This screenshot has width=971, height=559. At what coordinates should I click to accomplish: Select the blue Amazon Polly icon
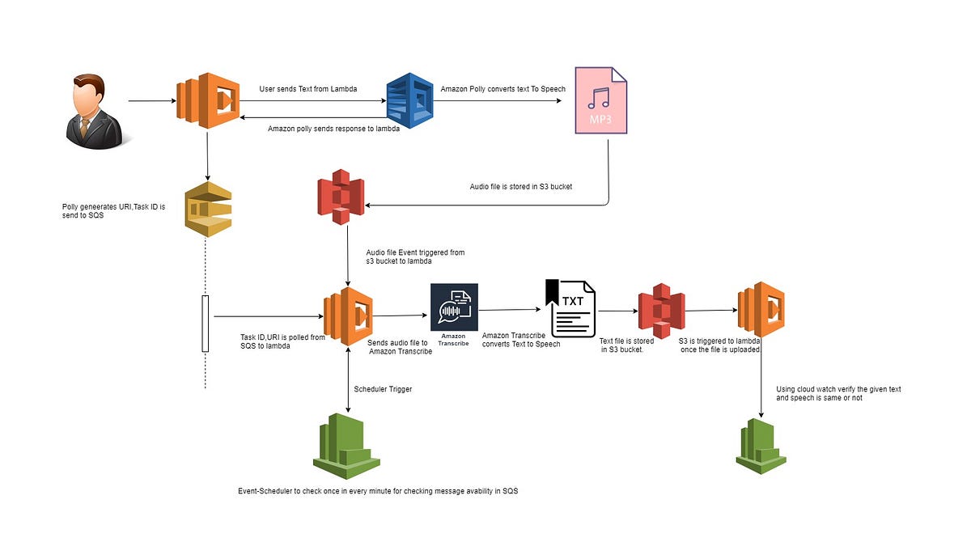tap(411, 101)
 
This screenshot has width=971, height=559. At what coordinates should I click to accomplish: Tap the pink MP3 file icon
tap(599, 101)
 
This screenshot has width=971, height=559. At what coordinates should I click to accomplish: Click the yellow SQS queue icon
tap(208, 210)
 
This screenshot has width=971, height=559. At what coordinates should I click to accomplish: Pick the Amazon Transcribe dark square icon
tap(454, 308)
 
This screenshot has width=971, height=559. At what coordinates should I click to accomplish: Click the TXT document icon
tap(572, 308)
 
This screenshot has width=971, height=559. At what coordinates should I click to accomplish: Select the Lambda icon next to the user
tap(207, 101)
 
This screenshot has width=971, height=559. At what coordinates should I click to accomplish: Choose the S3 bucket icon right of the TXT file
tap(661, 311)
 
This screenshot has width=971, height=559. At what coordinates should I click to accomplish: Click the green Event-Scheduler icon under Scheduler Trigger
tap(346, 445)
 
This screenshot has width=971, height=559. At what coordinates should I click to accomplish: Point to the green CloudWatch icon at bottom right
tap(761, 446)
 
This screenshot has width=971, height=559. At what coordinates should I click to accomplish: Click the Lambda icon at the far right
tap(761, 310)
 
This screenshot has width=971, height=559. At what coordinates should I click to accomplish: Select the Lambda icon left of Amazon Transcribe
tap(347, 316)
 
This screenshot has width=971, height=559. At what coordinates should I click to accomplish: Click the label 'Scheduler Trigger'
tap(383, 388)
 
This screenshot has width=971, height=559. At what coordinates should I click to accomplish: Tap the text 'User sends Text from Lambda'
tap(307, 88)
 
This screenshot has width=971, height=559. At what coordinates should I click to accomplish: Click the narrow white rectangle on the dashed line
tap(205, 324)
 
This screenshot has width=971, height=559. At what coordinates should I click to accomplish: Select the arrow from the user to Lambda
tap(151, 101)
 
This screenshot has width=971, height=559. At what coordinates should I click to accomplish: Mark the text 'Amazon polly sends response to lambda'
tap(333, 128)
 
